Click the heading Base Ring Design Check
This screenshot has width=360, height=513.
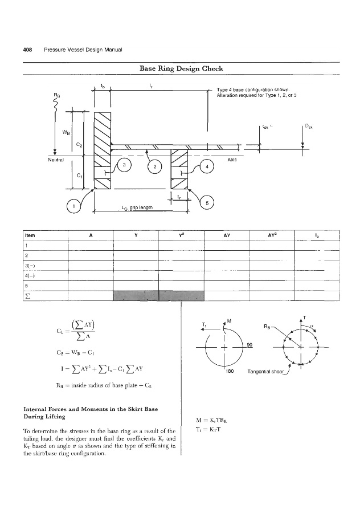(181, 69)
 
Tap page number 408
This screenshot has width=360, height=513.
(26, 48)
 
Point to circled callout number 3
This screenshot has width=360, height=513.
(124, 165)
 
